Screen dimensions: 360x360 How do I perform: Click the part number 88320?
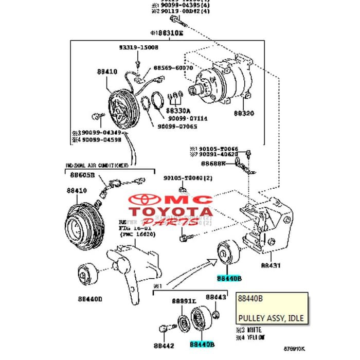coord(244,113)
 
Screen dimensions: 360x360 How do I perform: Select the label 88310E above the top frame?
coord(167,32)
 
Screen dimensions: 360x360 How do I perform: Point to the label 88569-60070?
coord(172,67)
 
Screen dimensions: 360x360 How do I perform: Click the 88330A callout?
coord(178,111)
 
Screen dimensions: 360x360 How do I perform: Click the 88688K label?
coord(213,163)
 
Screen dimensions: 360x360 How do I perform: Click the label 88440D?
coord(90,298)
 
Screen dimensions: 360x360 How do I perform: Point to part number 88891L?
coord(184,300)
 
